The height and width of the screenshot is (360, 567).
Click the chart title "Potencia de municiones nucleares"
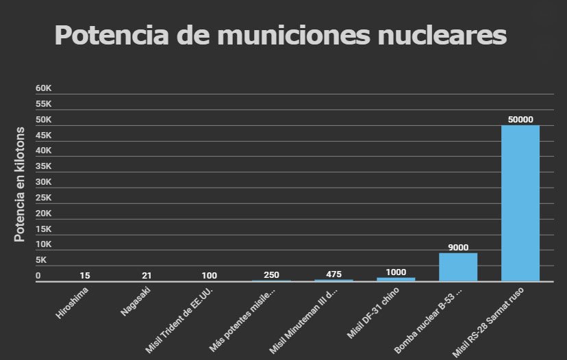280,36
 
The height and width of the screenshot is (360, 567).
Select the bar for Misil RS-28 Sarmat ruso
520,203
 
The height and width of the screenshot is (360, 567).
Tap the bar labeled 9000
458,267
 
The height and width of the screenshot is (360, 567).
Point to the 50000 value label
520,119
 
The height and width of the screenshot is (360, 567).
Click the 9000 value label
458,247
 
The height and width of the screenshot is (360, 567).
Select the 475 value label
333,274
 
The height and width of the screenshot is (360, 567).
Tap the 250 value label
271,275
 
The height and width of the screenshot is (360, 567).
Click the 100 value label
210,275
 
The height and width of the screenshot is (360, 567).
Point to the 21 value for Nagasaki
147,275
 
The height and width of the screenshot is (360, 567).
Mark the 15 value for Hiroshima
84,275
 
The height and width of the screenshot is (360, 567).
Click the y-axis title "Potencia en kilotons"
20,185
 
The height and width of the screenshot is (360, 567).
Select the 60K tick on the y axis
44,88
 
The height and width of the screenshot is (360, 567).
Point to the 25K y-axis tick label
44,198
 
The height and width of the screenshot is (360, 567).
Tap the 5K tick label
41,260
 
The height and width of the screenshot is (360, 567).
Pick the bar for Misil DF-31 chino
396,279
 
